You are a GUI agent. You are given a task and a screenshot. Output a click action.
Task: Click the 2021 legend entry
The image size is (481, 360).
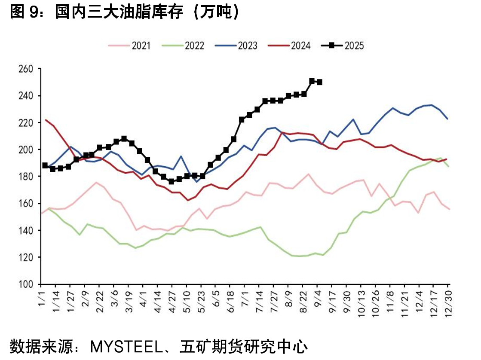pyautogui.click(x=129, y=46)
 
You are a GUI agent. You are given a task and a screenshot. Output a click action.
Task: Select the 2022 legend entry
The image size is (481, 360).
pyautogui.click(x=183, y=46)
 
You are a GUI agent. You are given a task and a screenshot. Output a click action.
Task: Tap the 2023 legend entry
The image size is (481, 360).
pyautogui.click(x=236, y=46)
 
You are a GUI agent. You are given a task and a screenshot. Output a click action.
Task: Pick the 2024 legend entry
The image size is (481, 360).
pyautogui.click(x=289, y=46)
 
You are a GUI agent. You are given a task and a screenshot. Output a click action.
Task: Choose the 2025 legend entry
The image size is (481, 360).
pyautogui.click(x=342, y=46)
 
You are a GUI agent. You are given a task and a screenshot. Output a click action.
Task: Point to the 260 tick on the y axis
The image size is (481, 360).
pyautogui.click(x=26, y=69)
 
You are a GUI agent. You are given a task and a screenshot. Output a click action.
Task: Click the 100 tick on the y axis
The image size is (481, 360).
pyautogui.click(x=26, y=284)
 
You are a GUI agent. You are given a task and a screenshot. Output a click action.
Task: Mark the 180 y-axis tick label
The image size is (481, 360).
pyautogui.click(x=26, y=177)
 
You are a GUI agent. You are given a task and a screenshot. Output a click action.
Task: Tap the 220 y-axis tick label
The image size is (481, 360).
pyautogui.click(x=26, y=123)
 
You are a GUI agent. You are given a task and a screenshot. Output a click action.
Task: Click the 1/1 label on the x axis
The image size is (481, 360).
pyautogui.click(x=41, y=299)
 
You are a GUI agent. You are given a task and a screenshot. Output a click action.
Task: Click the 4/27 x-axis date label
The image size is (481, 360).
pyautogui.click(x=172, y=302)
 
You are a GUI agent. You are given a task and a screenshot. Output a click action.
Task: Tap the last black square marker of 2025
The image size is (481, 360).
pyautogui.click(x=319, y=82)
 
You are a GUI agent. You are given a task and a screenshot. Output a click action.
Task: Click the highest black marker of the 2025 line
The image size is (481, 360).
pyautogui.click(x=312, y=81)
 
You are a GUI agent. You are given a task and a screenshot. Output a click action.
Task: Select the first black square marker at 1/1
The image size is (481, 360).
pyautogui.click(x=45, y=165)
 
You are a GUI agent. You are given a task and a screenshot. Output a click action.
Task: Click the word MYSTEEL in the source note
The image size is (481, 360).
pyautogui.click(x=126, y=347)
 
